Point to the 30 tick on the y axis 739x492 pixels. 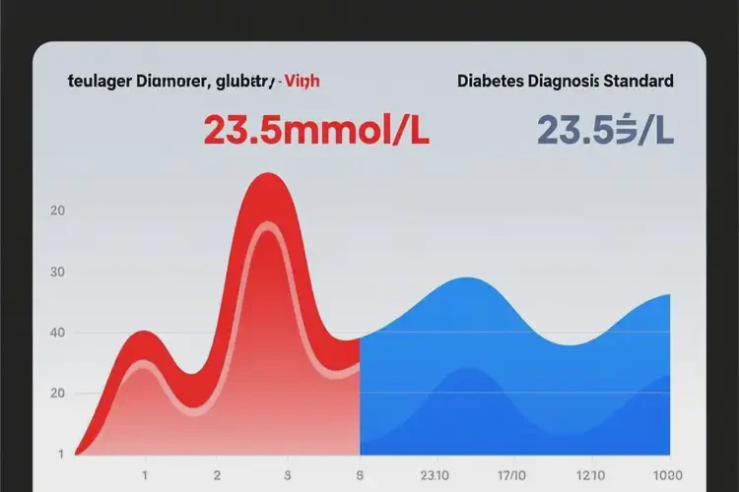(56, 272)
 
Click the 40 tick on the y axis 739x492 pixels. (56, 333)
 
